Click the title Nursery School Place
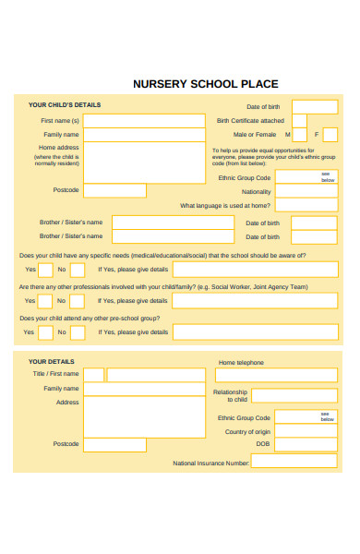[205, 83]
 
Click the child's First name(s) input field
[145, 121]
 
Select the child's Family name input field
[145, 135]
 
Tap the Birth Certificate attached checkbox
[299, 120]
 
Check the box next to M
[299, 135]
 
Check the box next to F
[330, 135]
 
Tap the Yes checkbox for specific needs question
[45, 270]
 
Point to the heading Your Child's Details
[65, 105]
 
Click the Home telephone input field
[276, 375]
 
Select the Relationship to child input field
[294, 395]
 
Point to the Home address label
[59, 148]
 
